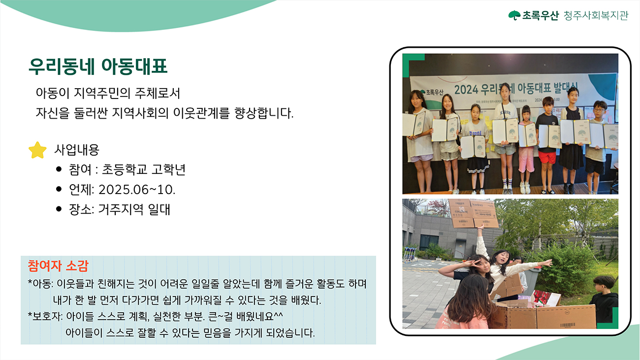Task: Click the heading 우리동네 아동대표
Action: (x=98, y=66)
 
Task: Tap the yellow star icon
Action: (x=37, y=150)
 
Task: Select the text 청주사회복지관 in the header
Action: (x=596, y=15)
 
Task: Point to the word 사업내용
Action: (x=77, y=150)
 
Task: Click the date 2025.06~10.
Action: (x=137, y=190)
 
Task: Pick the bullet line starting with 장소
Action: (x=120, y=209)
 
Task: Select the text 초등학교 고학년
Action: (x=144, y=169)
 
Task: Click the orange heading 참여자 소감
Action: (x=58, y=266)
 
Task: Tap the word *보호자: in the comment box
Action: (x=45, y=316)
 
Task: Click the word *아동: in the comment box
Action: (x=40, y=284)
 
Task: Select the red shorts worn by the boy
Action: (x=547, y=158)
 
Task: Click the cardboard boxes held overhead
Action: (x=473, y=213)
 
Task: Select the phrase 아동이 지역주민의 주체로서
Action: (x=108, y=93)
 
